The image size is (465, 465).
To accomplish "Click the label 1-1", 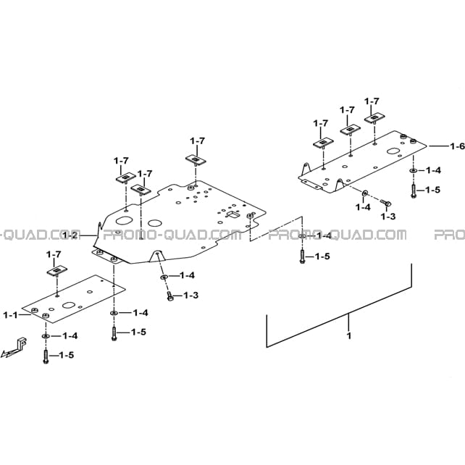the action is (x=10, y=315).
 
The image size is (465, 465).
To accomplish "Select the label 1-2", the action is (x=70, y=236).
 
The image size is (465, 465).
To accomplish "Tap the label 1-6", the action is (x=457, y=146).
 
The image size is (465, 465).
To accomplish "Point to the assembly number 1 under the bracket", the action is (x=349, y=335).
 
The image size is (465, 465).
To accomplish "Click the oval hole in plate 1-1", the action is (x=69, y=305).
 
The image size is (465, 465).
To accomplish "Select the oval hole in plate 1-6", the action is (x=393, y=151).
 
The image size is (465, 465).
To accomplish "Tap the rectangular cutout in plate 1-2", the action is (x=233, y=214).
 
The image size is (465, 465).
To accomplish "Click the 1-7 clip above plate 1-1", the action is (x=57, y=271).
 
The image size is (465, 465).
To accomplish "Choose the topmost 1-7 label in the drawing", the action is (x=372, y=101).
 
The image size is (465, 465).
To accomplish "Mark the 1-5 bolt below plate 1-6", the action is (x=414, y=191).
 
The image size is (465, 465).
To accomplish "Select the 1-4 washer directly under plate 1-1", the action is (x=46, y=336).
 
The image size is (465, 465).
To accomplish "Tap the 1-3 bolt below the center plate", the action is (x=170, y=296).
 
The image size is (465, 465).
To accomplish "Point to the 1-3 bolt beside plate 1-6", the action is (x=386, y=203).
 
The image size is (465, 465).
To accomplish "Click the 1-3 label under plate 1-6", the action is (x=388, y=217).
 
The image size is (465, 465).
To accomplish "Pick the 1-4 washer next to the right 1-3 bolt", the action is (x=364, y=193).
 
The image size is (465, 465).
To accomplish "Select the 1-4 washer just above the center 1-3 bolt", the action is (x=164, y=277).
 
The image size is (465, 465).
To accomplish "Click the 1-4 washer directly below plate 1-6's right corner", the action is (x=413, y=171).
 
